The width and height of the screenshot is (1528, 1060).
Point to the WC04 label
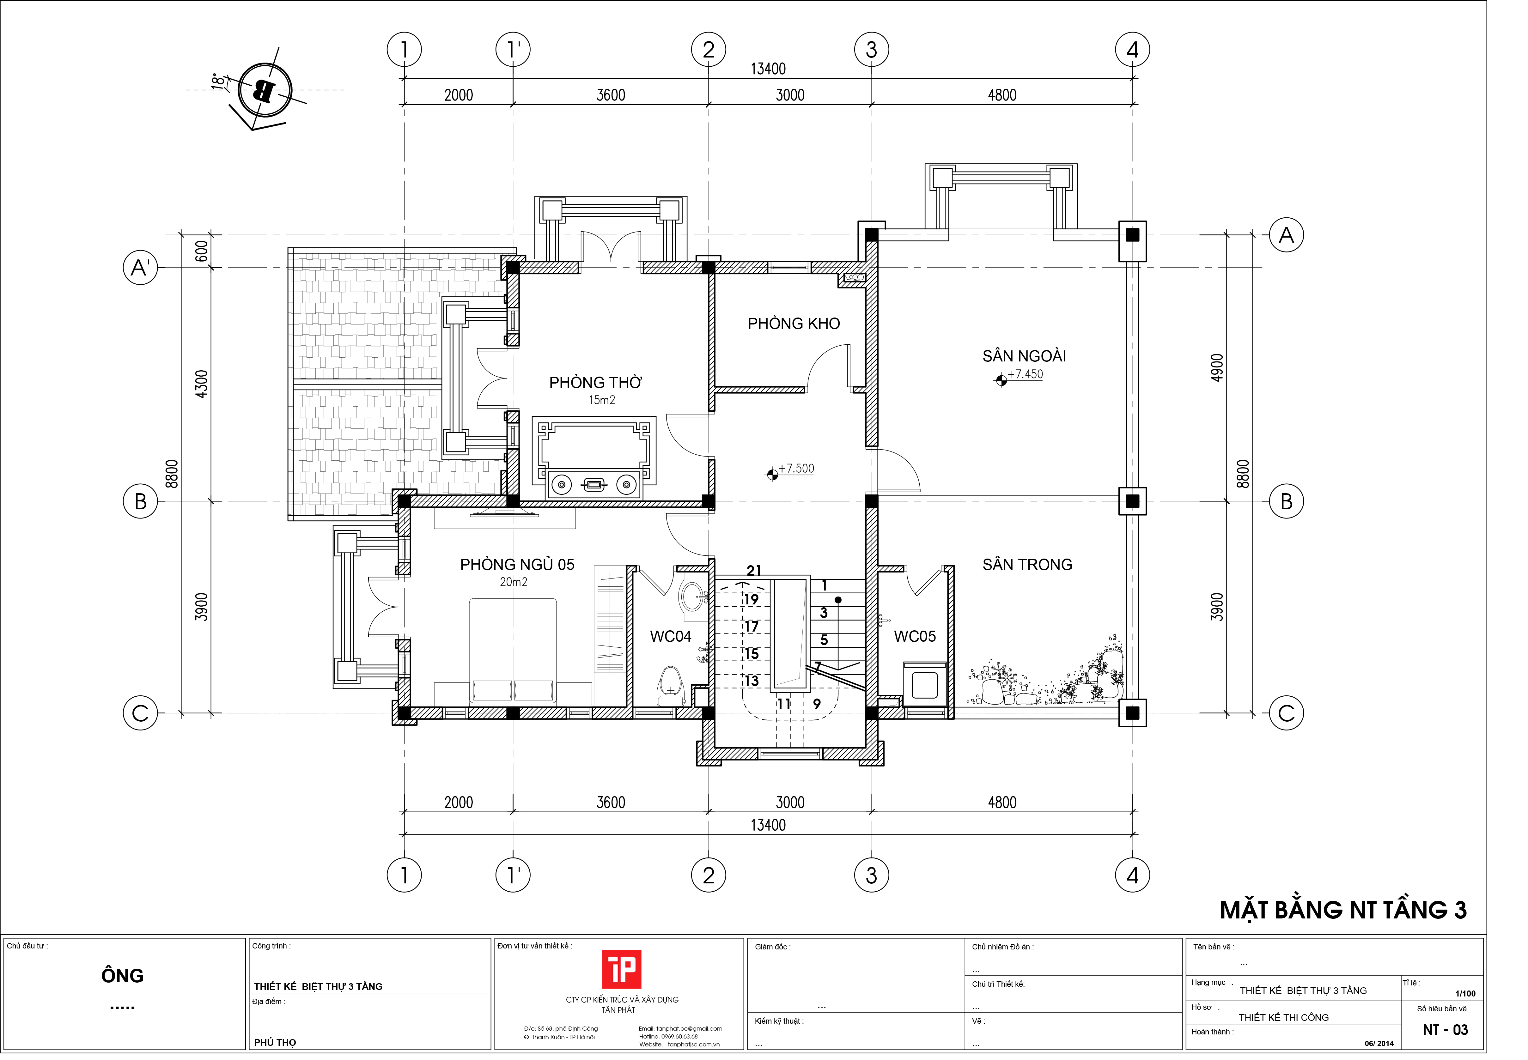tap(670, 636)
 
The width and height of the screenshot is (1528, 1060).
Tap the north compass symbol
tap(265, 90)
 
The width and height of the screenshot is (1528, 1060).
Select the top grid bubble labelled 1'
tap(513, 50)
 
